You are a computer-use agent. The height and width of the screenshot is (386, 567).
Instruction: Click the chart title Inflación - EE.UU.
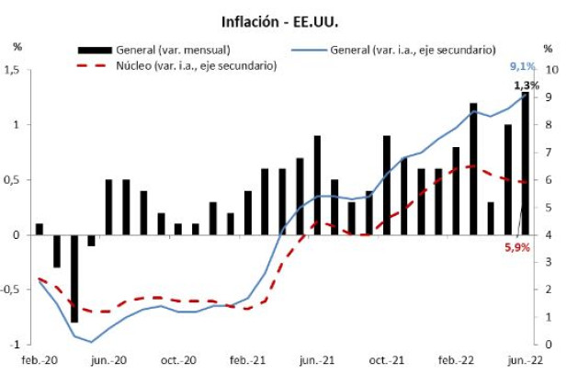point(282,19)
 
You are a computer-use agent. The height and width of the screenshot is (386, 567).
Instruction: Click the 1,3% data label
point(527,85)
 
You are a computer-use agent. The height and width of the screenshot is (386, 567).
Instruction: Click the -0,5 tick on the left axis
point(12,289)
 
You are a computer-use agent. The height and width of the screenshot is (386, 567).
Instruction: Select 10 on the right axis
point(550,70)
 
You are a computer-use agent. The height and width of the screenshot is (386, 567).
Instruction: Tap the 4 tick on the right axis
point(548,234)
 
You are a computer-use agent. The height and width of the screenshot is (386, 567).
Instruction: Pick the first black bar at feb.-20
point(40,229)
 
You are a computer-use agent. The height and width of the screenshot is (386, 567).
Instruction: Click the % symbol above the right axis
point(548,49)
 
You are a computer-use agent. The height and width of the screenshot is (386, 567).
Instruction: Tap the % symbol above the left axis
point(17,45)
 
